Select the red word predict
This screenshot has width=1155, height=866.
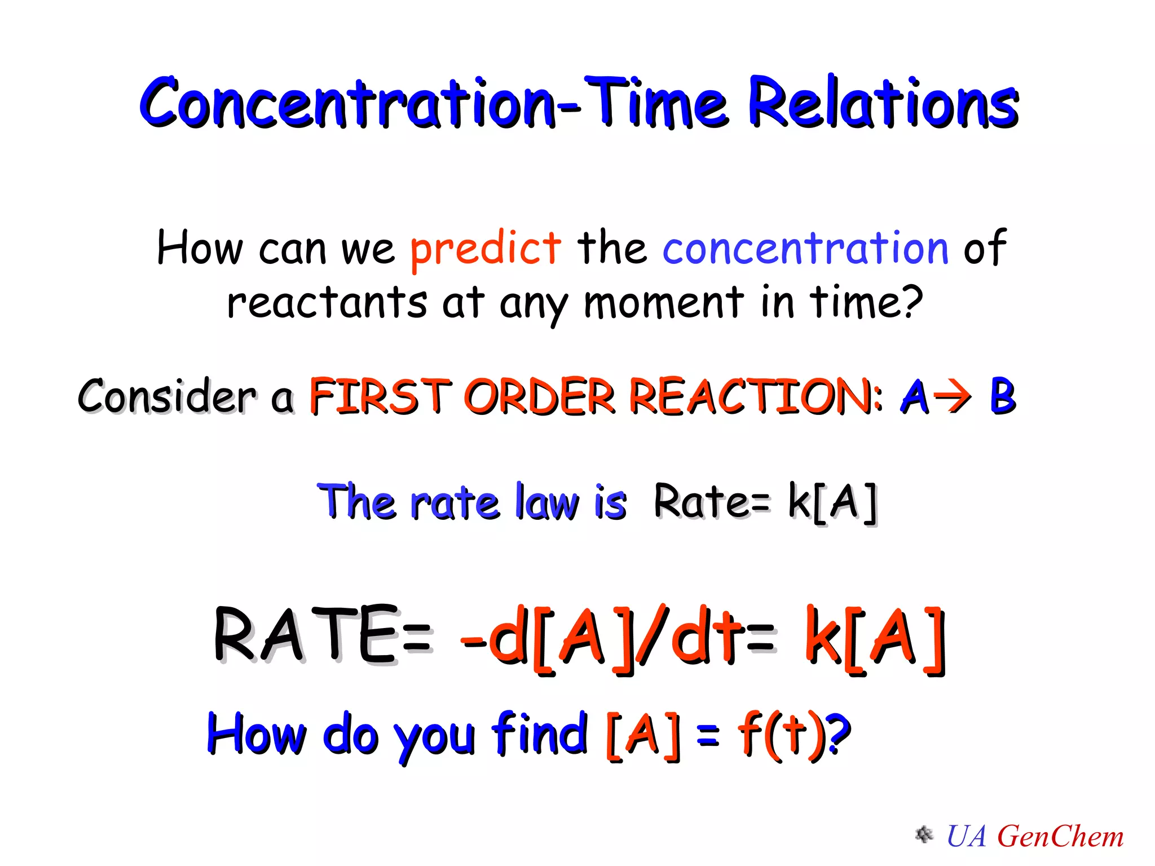click(485, 248)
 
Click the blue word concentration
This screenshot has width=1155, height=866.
click(805, 248)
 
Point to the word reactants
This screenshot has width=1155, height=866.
click(327, 303)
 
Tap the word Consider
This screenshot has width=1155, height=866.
click(167, 396)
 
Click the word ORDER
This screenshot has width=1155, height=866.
click(539, 396)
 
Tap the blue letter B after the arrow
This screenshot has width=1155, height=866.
click(1002, 396)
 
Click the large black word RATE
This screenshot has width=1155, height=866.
click(307, 635)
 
